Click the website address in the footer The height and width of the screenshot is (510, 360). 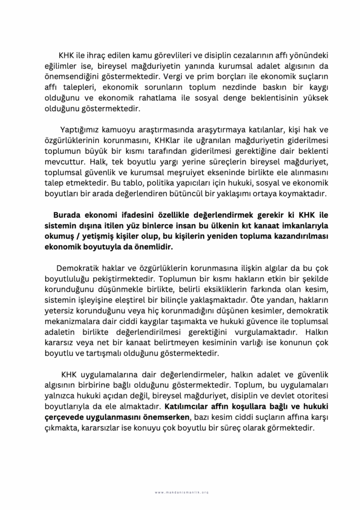coord(180,492)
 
